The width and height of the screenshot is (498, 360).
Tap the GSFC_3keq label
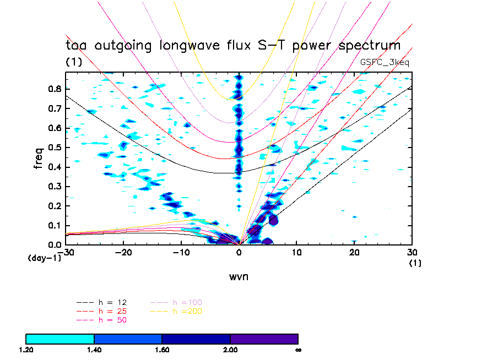click(385, 62)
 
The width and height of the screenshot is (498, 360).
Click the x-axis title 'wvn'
click(239, 276)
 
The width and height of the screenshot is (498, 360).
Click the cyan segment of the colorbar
click(60, 339)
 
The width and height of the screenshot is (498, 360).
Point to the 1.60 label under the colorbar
click(162, 350)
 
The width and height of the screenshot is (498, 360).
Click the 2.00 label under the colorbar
click(230, 350)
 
